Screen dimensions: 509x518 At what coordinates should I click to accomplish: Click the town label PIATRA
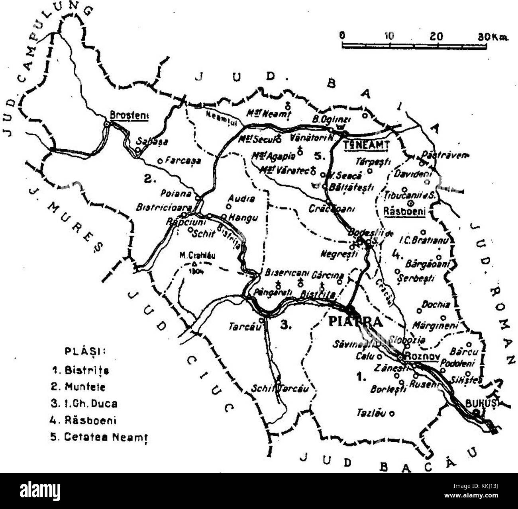pyautogui.click(x=355, y=321)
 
